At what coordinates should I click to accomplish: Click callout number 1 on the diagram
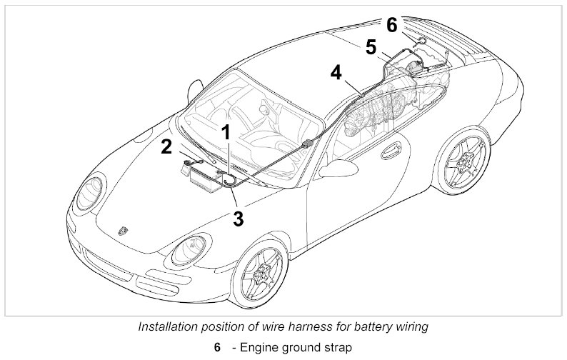click(225, 132)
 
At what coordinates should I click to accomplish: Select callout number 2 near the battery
click(167, 146)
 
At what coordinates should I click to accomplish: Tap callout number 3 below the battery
click(238, 217)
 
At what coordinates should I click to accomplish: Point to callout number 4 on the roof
click(336, 72)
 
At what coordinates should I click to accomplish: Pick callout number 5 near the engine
click(371, 47)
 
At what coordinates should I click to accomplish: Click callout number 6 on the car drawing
click(392, 24)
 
